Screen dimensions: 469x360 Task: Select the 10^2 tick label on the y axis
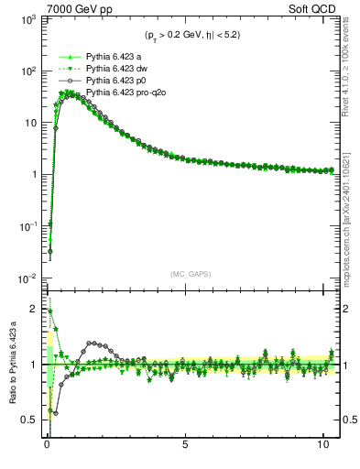(x=25, y=71)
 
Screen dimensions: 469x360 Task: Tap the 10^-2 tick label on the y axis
(x=25, y=278)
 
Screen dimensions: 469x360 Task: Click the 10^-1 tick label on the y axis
(x=25, y=226)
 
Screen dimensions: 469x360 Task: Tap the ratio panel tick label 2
(x=32, y=309)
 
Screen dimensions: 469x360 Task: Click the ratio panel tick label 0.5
(x=28, y=420)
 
